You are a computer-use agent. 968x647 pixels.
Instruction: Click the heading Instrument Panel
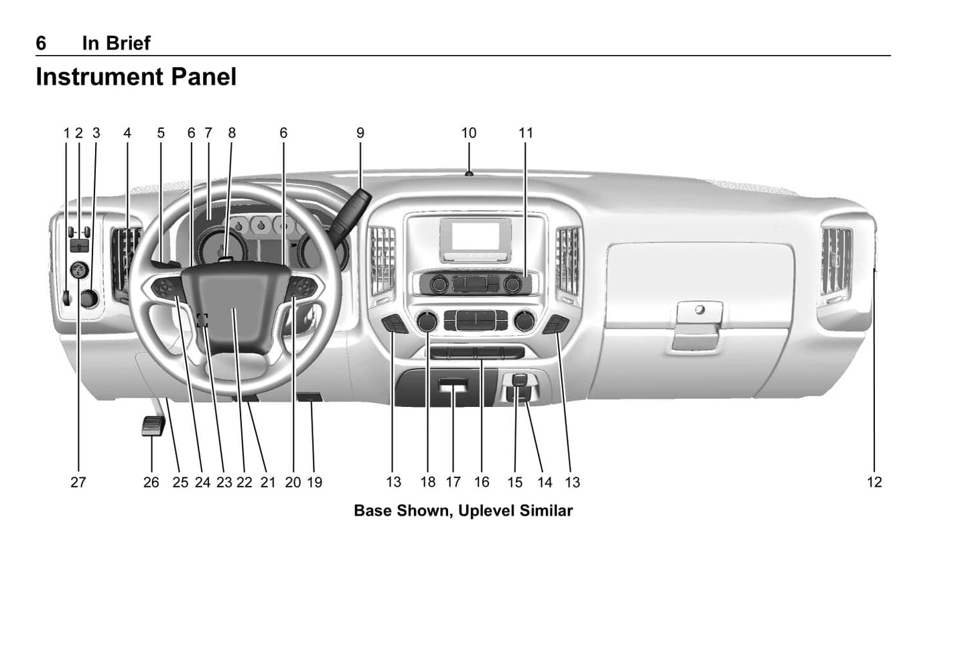(x=136, y=77)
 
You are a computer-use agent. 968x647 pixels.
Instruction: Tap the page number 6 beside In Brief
(x=41, y=44)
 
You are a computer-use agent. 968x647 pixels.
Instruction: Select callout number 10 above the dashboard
(x=469, y=133)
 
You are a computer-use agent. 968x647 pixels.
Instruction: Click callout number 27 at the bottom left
(x=78, y=482)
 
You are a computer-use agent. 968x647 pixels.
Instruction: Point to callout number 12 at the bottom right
(x=874, y=482)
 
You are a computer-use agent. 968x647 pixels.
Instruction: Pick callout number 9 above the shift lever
(x=360, y=133)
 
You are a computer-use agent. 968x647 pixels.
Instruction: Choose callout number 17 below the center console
(x=454, y=482)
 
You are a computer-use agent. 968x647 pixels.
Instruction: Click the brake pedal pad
(x=153, y=426)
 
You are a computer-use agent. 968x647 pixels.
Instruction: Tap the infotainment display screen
(x=476, y=236)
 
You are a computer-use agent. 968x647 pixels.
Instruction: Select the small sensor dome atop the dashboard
(x=469, y=174)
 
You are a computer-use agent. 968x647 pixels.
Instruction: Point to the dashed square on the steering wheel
(x=202, y=320)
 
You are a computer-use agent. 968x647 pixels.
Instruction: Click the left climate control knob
(x=427, y=321)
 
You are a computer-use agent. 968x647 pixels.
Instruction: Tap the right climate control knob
(x=524, y=321)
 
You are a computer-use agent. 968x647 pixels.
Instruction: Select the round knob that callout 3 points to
(x=90, y=298)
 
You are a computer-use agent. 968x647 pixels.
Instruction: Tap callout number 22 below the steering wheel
(x=244, y=482)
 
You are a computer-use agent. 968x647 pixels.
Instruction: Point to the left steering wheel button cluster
(x=166, y=288)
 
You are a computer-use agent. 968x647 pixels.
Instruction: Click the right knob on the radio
(x=513, y=284)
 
